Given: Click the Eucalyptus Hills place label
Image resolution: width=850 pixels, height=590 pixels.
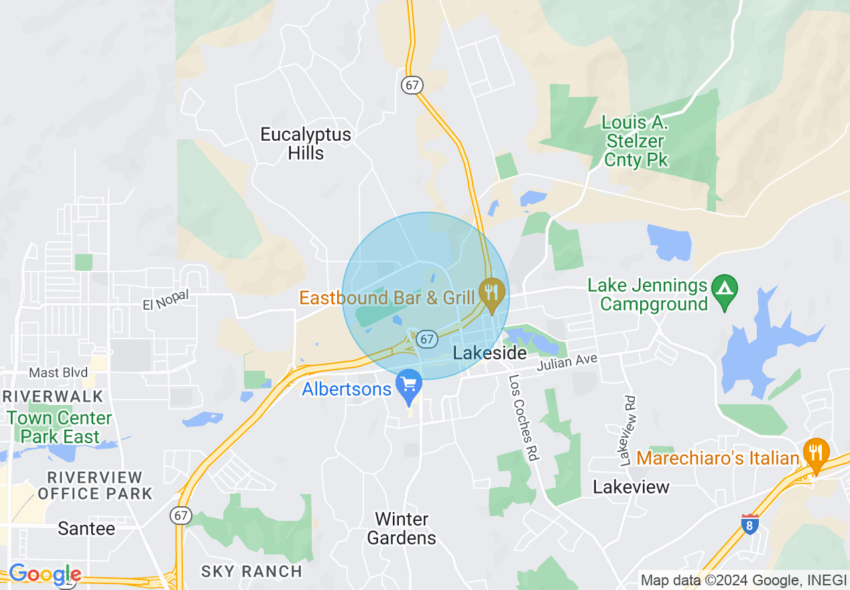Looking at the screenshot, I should pyautogui.click(x=306, y=143).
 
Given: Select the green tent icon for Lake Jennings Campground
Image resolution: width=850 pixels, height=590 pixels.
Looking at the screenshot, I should pyautogui.click(x=724, y=290).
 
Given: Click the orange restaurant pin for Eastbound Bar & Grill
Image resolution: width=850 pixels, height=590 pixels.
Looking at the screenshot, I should pyautogui.click(x=493, y=294).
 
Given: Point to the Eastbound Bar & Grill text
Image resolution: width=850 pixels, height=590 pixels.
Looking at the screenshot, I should pyautogui.click(x=387, y=297).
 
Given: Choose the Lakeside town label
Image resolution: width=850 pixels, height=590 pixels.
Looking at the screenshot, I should pyautogui.click(x=489, y=353).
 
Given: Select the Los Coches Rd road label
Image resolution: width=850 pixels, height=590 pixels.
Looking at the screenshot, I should pyautogui.click(x=524, y=418).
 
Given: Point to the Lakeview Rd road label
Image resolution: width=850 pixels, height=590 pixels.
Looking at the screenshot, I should pyautogui.click(x=628, y=430).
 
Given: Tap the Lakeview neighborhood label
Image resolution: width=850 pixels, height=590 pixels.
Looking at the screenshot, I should pyautogui.click(x=631, y=487).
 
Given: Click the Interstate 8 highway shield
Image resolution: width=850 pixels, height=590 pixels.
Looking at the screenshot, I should pyautogui.click(x=750, y=524).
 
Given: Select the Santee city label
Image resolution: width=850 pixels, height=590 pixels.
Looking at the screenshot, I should pyautogui.click(x=86, y=528).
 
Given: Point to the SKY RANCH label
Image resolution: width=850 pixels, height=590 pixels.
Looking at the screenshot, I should pyautogui.click(x=252, y=571).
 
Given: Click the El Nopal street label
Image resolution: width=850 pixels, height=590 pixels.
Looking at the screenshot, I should pyautogui.click(x=166, y=300).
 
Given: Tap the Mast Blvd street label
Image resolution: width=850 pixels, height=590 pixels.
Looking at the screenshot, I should pyautogui.click(x=58, y=373).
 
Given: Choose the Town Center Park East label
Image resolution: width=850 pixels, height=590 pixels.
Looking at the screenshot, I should pyautogui.click(x=60, y=427).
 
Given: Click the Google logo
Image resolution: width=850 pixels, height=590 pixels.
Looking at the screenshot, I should pyautogui.click(x=45, y=574).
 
